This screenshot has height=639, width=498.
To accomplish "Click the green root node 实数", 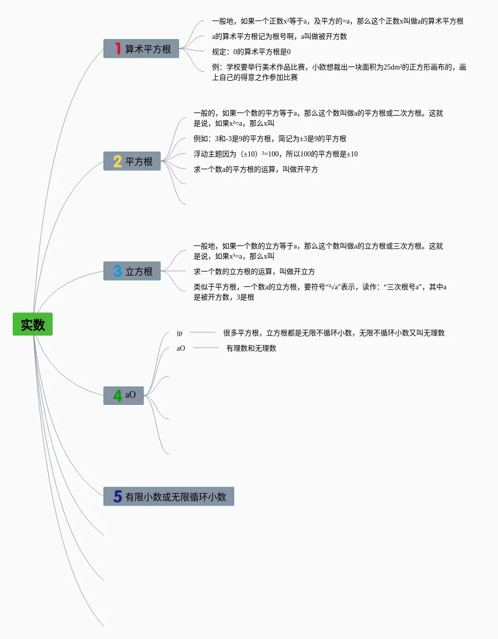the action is (x=33, y=324).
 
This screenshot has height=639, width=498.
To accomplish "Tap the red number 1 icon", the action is (x=117, y=49).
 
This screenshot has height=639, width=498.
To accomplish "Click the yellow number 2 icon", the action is (x=117, y=162).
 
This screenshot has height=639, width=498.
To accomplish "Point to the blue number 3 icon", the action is (x=117, y=271).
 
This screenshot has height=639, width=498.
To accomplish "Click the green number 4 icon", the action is (x=117, y=396).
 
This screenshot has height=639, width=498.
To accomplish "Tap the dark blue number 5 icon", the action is (x=117, y=496).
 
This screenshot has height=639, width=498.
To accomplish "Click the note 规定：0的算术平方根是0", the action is (x=251, y=52).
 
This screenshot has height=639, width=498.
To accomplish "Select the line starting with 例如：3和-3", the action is (x=270, y=139).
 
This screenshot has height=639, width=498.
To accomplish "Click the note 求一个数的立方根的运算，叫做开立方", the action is (x=254, y=271).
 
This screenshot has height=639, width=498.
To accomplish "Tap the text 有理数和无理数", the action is (x=251, y=348).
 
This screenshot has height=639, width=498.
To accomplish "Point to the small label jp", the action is (x=179, y=333).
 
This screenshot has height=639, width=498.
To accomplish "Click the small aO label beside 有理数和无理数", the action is (x=181, y=348).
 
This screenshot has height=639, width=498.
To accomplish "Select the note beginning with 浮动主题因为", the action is (x=275, y=154).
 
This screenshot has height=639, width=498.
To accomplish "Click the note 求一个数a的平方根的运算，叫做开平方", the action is (x=255, y=169).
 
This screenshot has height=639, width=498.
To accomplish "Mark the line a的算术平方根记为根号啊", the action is (x=279, y=36).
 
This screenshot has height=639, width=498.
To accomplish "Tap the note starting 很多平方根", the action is (x=334, y=333).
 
